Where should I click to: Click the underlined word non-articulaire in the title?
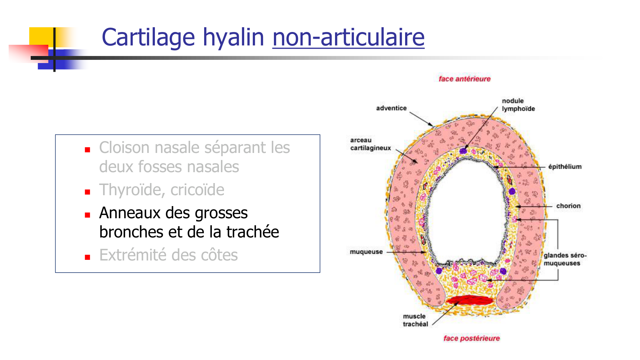(x=348, y=37)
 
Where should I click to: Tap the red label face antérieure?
(x=464, y=79)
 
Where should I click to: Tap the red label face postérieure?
(x=471, y=338)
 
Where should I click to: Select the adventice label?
(x=391, y=108)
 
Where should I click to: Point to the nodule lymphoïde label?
(x=518, y=105)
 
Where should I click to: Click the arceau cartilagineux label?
(x=371, y=144)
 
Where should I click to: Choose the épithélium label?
(x=565, y=167)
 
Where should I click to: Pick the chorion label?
(x=568, y=206)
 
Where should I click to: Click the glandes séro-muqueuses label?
(x=565, y=259)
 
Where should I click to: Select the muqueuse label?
(x=366, y=252)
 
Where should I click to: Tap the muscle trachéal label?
(x=415, y=320)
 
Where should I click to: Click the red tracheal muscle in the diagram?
(x=470, y=300)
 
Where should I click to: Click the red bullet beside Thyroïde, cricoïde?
(x=87, y=192)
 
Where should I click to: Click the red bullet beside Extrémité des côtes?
(x=87, y=257)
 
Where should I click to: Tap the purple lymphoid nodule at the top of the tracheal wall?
(x=463, y=150)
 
